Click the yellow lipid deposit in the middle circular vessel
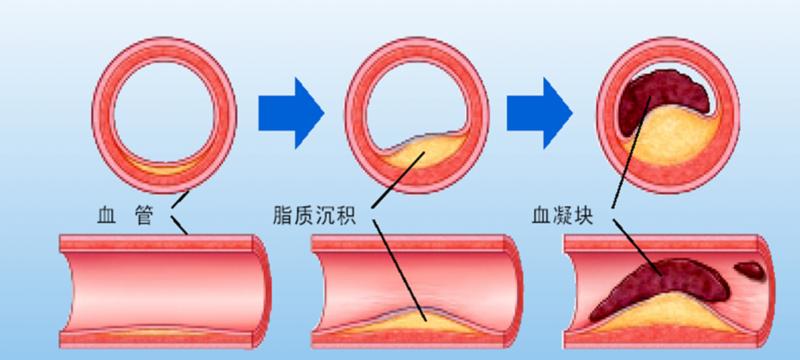(415, 155)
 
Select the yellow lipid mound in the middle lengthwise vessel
(420, 318)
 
